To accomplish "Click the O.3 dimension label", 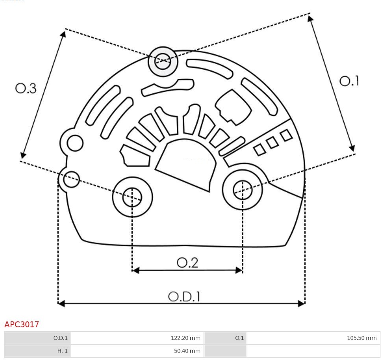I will (26, 88).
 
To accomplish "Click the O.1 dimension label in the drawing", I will (349, 81).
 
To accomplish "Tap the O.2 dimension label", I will (187, 262).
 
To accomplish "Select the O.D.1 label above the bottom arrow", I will (184, 296).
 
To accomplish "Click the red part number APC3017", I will (22, 325).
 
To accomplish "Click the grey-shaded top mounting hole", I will (163, 61).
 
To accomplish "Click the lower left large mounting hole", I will (132, 197).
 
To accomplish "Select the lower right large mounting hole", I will (243, 190).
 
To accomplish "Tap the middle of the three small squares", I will (272, 143).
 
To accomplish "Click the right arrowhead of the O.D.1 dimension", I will (301, 303).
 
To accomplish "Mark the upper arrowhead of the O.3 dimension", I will (63, 34).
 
